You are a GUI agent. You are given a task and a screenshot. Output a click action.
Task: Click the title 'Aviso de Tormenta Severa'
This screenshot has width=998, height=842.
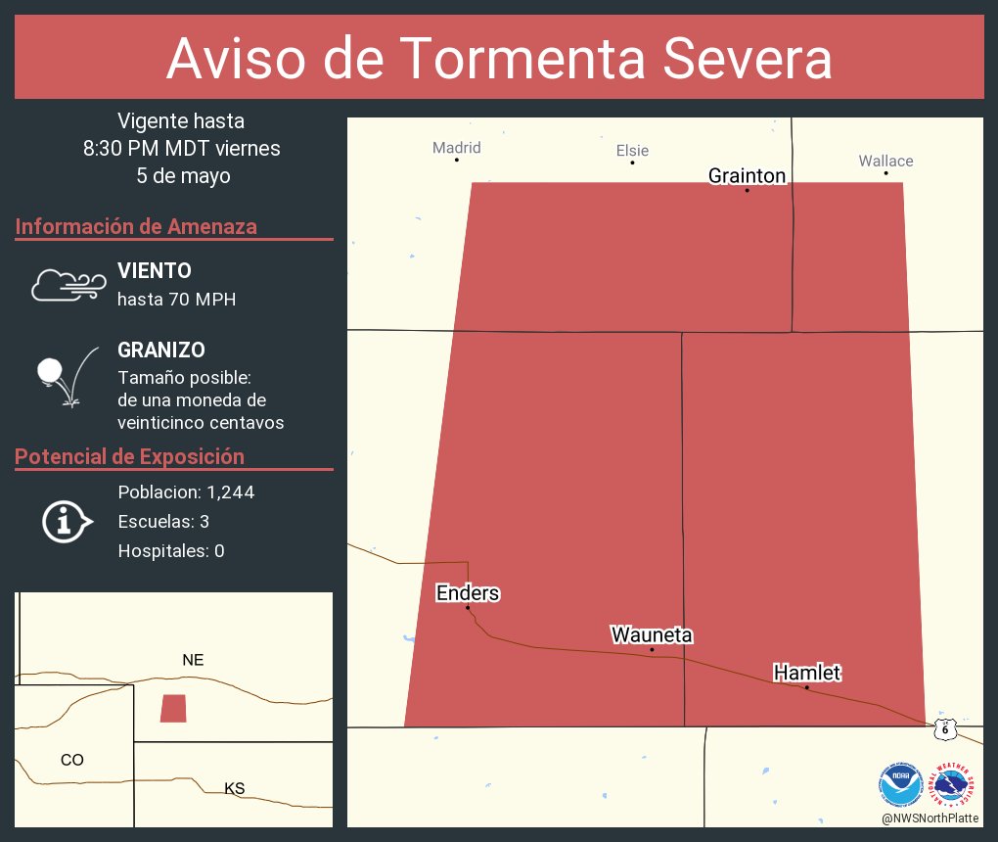pyautogui.click(x=499, y=59)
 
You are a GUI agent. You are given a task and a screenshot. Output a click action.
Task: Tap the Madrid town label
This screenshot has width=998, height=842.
pyautogui.click(x=457, y=148)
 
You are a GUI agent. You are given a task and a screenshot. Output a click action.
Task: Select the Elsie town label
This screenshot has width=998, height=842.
pyautogui.click(x=632, y=151)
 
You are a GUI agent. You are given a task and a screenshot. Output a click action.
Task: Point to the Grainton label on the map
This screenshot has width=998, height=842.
pyautogui.click(x=747, y=175)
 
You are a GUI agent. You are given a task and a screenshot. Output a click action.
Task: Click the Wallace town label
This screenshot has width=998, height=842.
pyautogui.click(x=885, y=161)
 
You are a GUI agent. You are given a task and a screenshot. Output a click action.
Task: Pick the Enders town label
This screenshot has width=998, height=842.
pyautogui.click(x=468, y=593)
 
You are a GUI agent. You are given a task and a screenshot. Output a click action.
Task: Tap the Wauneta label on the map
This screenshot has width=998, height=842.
pyautogui.click(x=652, y=635)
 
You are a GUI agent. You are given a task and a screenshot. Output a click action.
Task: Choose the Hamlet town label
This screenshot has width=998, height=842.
pyautogui.click(x=807, y=673)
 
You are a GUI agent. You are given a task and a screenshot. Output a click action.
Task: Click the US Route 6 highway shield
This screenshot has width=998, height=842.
pyautogui.click(x=944, y=727)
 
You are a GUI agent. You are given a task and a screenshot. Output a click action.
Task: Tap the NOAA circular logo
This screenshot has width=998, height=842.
pyautogui.click(x=900, y=784)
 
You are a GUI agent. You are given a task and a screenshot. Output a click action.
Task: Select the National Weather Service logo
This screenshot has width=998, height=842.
pyautogui.click(x=953, y=784)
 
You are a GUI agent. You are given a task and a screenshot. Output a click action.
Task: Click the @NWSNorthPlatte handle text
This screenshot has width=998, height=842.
pyautogui.click(x=930, y=819)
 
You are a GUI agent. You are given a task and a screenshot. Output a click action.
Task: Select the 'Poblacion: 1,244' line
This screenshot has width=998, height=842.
pyautogui.click(x=186, y=492)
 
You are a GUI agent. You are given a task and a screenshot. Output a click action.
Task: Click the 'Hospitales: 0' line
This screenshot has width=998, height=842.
pyautogui.click(x=171, y=551)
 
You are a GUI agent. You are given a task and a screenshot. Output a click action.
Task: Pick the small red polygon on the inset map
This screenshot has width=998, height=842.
pyautogui.click(x=173, y=708)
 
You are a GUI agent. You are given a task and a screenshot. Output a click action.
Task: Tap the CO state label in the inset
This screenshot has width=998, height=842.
pyautogui.click(x=71, y=760)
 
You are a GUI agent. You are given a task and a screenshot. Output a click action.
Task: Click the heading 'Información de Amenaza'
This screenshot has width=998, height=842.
pyautogui.click(x=136, y=227)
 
